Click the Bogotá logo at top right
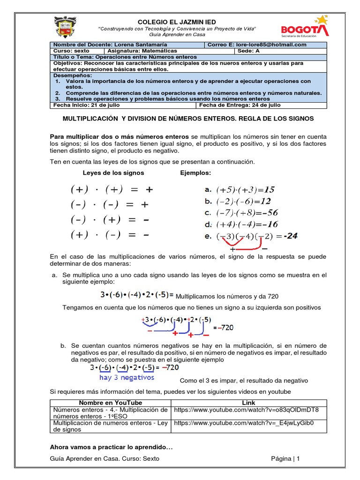[304, 27]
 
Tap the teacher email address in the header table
[257, 45]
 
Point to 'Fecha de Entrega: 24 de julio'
[240, 105]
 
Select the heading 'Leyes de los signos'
[113, 173]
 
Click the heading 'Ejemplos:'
[195, 173]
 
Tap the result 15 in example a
[269, 190]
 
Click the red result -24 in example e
[290, 236]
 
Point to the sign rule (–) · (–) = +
[110, 204]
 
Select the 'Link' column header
[248, 403]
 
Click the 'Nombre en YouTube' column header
[110, 403]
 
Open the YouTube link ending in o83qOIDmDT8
[246, 410]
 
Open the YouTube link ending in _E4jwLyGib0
[243, 423]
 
